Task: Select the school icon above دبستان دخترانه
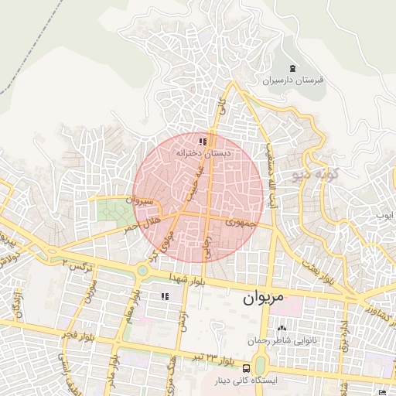click(203, 142)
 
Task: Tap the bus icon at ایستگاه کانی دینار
click(246, 367)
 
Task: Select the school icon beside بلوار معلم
click(164, 296)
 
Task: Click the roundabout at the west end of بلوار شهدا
click(142, 270)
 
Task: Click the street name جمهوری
click(239, 223)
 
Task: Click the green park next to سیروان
click(116, 213)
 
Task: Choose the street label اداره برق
click(344, 326)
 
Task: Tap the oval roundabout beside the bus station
click(260, 364)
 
